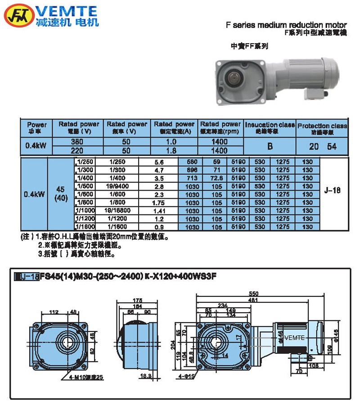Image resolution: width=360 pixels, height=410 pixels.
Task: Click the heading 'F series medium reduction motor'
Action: coord(286,25)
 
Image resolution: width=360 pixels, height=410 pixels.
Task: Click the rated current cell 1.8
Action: coord(174,150)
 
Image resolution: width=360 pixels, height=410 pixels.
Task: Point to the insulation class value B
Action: coord(270,146)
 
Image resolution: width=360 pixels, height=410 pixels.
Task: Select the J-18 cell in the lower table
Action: coord(332,191)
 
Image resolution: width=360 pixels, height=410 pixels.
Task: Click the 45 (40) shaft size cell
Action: coord(61,194)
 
